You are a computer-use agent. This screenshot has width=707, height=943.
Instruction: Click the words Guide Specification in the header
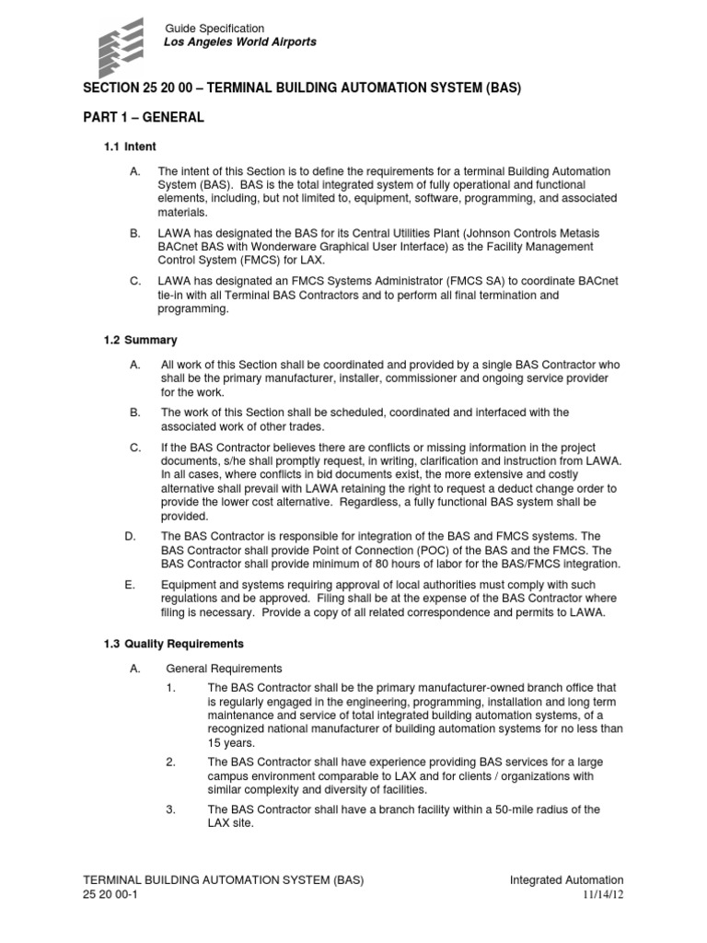(x=214, y=29)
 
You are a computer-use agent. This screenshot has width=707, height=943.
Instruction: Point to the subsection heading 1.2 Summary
(x=141, y=340)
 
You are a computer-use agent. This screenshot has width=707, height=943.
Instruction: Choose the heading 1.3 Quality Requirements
(x=173, y=643)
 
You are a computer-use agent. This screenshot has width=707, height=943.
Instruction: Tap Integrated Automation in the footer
(x=566, y=880)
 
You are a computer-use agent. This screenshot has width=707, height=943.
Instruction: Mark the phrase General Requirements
(x=224, y=669)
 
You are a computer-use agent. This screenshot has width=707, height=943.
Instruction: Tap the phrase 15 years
(x=231, y=742)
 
